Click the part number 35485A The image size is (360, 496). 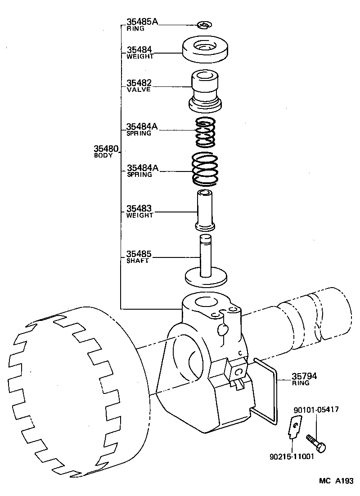[142, 21]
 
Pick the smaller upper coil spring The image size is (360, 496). [205, 132]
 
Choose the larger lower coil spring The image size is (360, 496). [206, 170]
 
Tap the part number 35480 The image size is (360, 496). [106, 149]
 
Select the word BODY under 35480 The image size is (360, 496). [103, 155]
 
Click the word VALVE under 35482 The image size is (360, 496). [138, 90]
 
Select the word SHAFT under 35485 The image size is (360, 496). [137, 261]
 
